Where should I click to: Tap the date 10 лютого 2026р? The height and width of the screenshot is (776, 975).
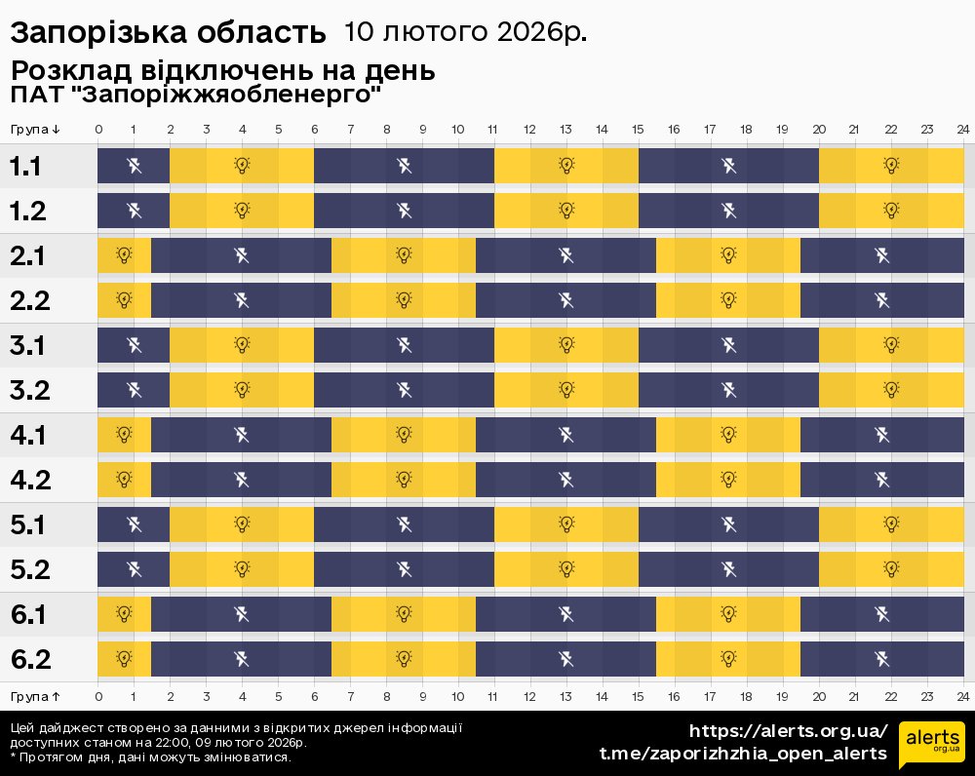[465, 32]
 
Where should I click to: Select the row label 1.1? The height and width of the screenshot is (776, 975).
[25, 167]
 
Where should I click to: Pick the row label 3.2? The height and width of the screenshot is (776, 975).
[29, 390]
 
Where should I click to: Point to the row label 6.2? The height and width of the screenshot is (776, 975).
[29, 659]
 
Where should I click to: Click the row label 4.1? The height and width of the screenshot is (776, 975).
[29, 435]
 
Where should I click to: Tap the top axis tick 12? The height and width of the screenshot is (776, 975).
[529, 130]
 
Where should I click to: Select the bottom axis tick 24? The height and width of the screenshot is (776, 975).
[962, 697]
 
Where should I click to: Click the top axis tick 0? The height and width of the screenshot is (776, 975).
[98, 130]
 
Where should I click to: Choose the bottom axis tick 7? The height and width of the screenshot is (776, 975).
[350, 697]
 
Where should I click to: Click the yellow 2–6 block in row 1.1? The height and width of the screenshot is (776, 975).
[242, 166]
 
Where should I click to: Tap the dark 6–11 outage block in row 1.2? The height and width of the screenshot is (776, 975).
[404, 211]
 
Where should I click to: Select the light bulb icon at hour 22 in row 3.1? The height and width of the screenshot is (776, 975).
[890, 344]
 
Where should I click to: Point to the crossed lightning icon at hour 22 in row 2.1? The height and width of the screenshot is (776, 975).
[881, 255]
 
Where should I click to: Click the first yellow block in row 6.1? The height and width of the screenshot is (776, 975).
[124, 614]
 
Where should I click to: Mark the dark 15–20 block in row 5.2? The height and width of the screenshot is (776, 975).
[728, 568]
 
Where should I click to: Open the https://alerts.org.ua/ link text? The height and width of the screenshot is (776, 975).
[789, 731]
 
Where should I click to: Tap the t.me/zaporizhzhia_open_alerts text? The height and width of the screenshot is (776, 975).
[743, 754]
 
